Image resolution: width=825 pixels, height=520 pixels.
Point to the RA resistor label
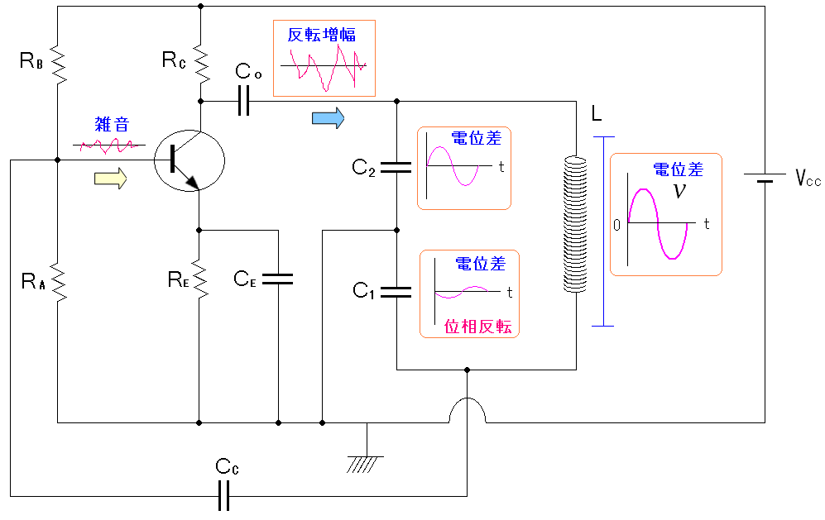tap(32, 280)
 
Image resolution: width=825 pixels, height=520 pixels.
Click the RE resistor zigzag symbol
tap(199, 279)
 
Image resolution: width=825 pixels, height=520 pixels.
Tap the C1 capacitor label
tap(364, 290)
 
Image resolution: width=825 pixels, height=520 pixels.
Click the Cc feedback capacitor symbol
tap(223, 496)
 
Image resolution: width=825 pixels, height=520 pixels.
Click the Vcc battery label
tap(808, 179)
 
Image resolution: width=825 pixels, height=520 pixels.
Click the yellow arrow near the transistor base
tap(112, 178)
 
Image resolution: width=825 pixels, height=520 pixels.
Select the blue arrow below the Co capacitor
tap(328, 118)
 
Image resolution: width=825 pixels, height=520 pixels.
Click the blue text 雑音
tap(112, 126)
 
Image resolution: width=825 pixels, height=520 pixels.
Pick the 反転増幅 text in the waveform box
tap(322, 35)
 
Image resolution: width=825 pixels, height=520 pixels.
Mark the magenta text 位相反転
tap(478, 326)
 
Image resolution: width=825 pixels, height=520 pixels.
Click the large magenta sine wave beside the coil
tap(658, 223)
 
